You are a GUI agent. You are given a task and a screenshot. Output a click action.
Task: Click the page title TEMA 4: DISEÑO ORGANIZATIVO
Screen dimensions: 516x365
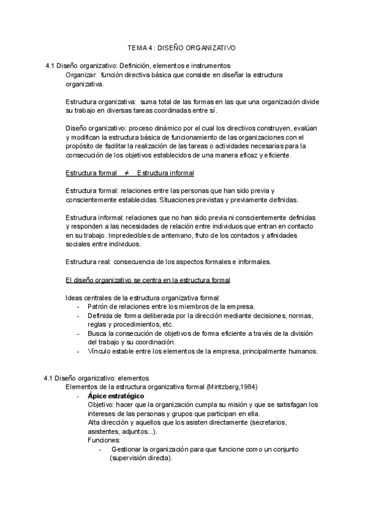182,47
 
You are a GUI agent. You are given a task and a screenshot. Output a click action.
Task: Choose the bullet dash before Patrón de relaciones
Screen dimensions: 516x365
78,307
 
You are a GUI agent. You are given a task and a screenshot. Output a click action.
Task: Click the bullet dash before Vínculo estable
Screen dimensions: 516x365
78,351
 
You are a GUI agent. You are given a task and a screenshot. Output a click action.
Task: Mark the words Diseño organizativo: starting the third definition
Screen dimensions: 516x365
94,128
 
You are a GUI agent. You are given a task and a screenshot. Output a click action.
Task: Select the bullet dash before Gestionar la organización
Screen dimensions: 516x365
101,450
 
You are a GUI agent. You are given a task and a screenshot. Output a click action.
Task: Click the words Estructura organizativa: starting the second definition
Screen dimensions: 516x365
100,102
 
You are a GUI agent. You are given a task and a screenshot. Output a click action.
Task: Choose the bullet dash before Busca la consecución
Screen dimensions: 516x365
78,333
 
